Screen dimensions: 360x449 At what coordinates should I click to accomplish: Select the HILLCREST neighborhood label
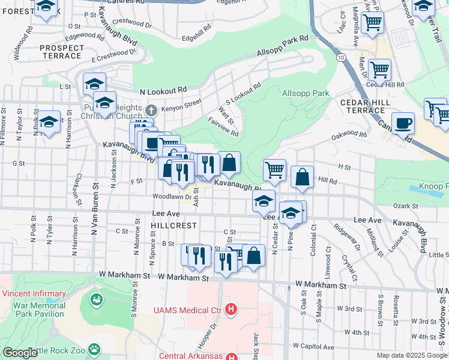tap(175, 225)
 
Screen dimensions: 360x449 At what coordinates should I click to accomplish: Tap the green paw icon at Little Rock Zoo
tap(94, 348)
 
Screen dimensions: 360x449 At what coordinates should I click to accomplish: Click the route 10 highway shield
tap(340, 56)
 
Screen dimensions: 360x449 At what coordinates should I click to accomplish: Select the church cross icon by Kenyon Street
tap(152, 109)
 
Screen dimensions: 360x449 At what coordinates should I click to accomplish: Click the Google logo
tap(20, 353)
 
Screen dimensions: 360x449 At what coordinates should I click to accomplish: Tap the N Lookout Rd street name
tap(163, 91)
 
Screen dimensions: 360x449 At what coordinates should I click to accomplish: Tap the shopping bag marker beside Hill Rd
tap(303, 177)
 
